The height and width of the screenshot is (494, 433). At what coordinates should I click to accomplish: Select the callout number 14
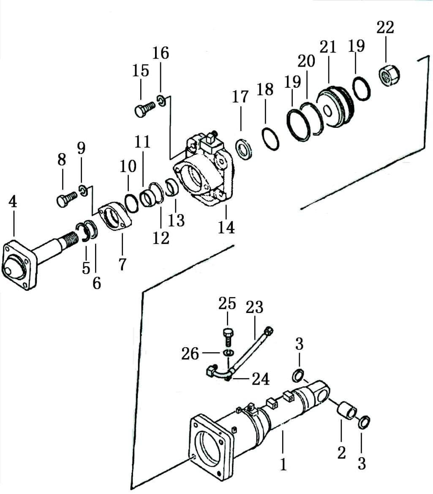pos(226,227)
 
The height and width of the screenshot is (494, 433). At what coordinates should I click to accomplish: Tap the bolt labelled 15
pos(145,108)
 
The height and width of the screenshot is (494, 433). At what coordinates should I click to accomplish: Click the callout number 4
pos(12,202)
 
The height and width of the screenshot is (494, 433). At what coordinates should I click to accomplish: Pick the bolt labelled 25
pos(227,337)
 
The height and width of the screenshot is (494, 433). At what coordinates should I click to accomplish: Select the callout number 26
pos(190,354)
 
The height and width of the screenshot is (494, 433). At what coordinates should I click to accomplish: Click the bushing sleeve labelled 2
pos(348,411)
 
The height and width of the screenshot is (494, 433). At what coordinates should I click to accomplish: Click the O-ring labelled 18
pos(270,139)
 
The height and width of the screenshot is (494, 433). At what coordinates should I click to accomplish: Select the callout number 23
pos(254,307)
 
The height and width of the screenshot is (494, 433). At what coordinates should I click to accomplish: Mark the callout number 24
pos(261,379)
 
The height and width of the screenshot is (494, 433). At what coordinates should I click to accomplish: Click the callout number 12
pos(161,238)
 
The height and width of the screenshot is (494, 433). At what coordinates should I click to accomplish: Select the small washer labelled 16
pos(161,100)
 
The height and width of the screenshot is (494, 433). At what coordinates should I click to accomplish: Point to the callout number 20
pos(306,61)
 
